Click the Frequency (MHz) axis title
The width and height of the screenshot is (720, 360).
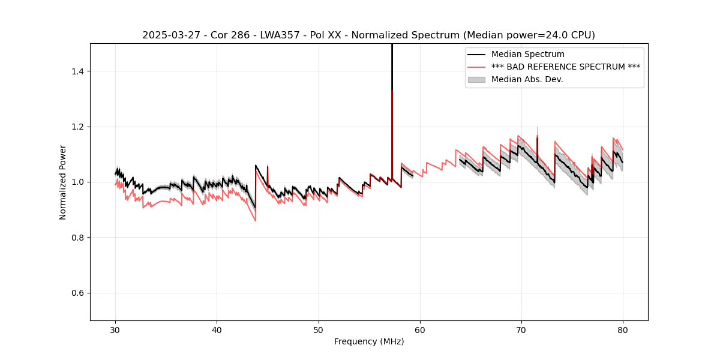369,341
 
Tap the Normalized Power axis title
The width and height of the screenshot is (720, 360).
63,182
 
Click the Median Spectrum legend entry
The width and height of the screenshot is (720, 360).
528,54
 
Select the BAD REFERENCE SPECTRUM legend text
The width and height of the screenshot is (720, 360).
566,67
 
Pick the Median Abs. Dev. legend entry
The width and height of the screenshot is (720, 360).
527,79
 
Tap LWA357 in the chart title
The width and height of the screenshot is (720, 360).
279,35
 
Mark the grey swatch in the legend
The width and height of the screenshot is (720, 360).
477,79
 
